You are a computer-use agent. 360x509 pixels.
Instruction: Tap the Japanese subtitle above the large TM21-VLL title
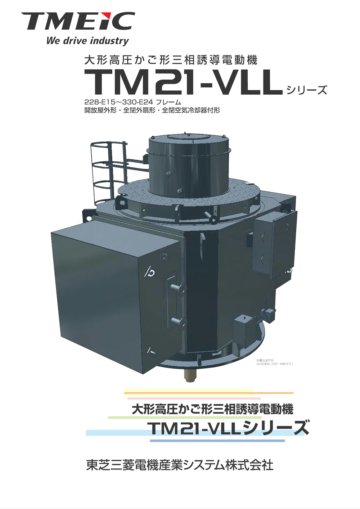171,60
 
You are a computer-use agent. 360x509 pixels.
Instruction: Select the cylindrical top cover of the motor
188,162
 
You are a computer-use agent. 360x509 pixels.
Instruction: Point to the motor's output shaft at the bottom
189,377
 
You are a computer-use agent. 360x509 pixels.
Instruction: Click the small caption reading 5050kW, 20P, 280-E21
275,364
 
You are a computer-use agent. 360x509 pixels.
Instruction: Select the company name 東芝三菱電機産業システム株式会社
180,465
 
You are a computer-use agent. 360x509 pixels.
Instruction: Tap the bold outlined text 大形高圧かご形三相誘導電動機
212,409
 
